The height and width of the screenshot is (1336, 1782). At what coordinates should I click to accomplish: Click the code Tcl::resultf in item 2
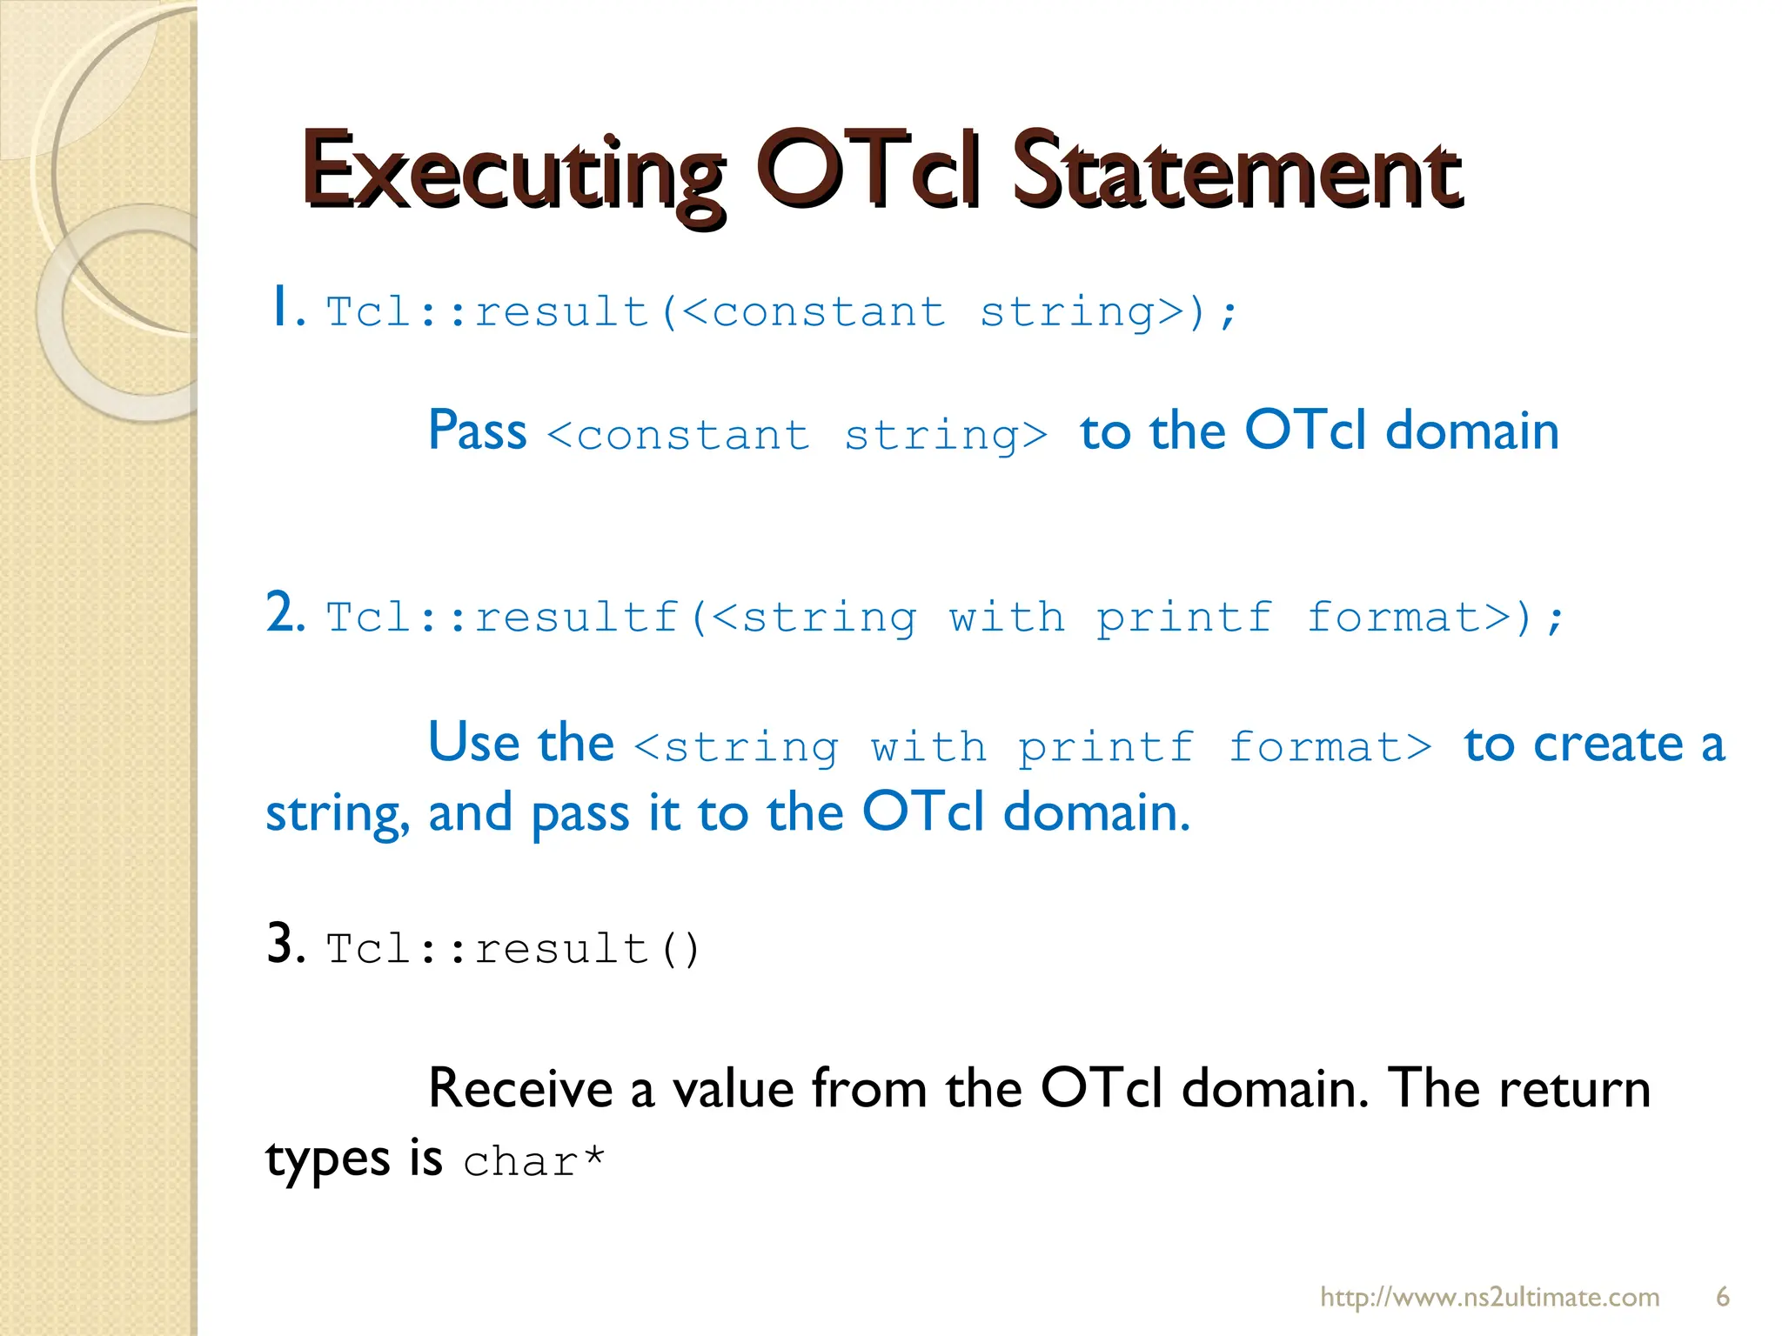pyautogui.click(x=502, y=618)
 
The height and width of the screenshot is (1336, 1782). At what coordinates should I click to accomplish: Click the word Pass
pyautogui.click(x=477, y=431)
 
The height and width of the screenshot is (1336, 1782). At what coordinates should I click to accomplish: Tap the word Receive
pyautogui.click(x=520, y=1089)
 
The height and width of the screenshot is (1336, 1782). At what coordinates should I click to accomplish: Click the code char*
pyautogui.click(x=533, y=1162)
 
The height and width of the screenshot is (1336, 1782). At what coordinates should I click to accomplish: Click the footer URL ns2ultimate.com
pyautogui.click(x=1489, y=1297)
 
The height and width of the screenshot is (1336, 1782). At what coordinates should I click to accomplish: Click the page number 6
pyautogui.click(x=1722, y=1297)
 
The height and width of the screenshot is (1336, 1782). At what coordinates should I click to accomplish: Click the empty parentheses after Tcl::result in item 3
pyautogui.click(x=680, y=949)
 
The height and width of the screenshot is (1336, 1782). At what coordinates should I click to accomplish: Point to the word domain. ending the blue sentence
pyautogui.click(x=1095, y=813)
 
